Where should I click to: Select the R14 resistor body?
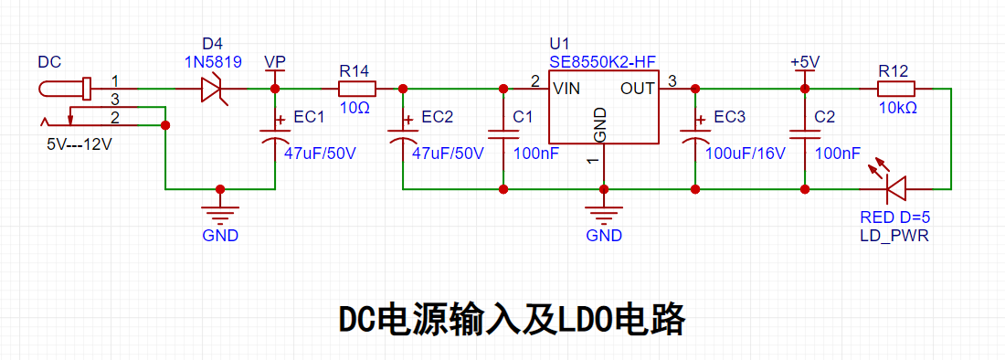point(356,89)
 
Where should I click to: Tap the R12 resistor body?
point(896,89)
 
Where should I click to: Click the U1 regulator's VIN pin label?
point(566,89)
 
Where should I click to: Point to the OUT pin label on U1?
point(638,89)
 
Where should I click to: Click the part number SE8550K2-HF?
point(603,63)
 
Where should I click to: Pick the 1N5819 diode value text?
point(213,63)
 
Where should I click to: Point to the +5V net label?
point(805,63)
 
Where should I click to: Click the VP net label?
point(275,62)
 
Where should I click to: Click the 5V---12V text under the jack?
point(79,144)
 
